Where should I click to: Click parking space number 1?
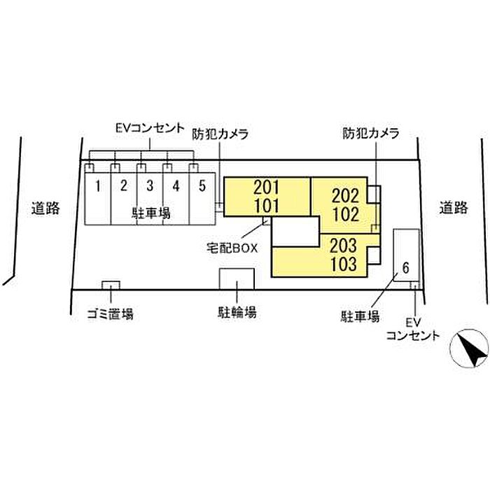point(99,186)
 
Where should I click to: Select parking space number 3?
point(149,186)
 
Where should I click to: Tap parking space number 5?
point(202,186)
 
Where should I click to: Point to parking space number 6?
point(405,267)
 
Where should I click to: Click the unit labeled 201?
point(267,188)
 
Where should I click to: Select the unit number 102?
point(346,211)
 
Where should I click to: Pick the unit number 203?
point(344,247)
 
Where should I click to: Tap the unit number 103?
point(344,265)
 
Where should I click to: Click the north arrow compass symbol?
point(470,349)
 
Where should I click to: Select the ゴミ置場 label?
point(110,314)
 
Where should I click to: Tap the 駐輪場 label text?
point(237,312)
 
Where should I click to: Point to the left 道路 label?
point(46,207)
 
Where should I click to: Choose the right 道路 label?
point(453,207)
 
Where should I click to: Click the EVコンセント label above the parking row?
point(150,128)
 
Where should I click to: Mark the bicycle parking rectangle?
point(237,279)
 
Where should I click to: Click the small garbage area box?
point(111,285)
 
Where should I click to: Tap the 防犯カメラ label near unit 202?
point(370,132)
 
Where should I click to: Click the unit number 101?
point(267,206)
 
